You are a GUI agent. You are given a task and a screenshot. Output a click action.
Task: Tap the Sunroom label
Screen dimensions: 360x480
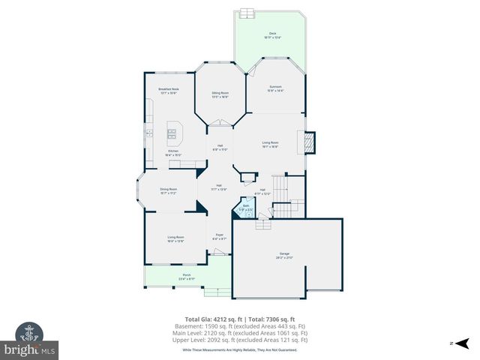click(x=275, y=88)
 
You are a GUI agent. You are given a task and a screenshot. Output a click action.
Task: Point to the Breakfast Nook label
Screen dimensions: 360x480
click(x=168, y=90)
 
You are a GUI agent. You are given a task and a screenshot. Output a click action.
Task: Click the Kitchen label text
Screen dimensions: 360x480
click(x=173, y=152)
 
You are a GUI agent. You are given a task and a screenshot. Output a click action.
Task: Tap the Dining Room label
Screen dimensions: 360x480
click(x=168, y=190)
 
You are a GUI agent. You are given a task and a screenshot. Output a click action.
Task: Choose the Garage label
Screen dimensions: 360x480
click(x=285, y=255)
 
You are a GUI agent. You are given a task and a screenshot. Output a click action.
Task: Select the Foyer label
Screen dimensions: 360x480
click(x=220, y=236)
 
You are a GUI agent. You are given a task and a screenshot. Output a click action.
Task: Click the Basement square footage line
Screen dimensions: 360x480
click(x=246, y=326)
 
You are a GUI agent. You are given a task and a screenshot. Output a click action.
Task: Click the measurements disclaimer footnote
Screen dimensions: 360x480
click(x=240, y=349)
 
